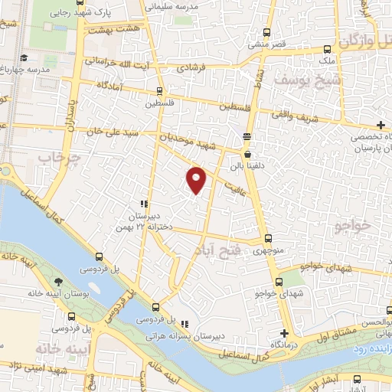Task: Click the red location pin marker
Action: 198,179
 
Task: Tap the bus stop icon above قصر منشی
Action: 266,33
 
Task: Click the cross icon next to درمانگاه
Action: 284,333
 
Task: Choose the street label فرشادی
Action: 192,67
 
